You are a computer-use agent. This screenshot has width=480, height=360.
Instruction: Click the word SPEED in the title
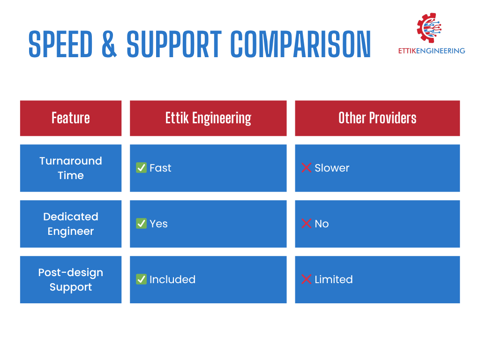tap(60, 44)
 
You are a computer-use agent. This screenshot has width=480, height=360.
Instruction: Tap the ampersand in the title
tap(109, 44)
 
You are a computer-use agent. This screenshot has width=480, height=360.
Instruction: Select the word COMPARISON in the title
tap(300, 44)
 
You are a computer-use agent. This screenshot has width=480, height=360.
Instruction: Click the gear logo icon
tap(429, 28)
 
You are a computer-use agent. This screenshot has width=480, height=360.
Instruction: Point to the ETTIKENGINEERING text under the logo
tap(432, 51)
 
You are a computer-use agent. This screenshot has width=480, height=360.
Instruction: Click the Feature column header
tap(71, 118)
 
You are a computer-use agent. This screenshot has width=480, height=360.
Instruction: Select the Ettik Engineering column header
tap(208, 118)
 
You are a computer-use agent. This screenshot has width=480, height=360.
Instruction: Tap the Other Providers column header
tap(377, 118)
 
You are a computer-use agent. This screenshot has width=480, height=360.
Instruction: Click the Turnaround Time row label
tap(71, 168)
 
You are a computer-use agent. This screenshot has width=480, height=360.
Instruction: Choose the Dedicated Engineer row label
tap(71, 224)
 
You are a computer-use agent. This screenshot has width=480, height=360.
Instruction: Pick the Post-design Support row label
tap(71, 279)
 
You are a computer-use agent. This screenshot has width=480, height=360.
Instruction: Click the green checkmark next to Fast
tap(141, 168)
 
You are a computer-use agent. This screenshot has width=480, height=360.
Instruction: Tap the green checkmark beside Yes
tap(141, 224)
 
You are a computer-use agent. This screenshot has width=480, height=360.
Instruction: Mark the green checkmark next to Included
tap(141, 279)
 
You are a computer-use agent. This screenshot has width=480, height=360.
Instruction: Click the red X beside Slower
tap(306, 168)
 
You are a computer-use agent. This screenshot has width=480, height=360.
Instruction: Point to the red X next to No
tap(306, 224)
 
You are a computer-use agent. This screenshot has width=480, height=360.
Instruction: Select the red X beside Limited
tap(306, 279)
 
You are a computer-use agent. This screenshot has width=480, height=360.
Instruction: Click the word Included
tap(172, 279)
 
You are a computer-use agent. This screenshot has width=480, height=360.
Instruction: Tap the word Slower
tap(332, 168)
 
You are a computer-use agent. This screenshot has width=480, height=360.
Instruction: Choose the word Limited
tap(334, 279)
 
